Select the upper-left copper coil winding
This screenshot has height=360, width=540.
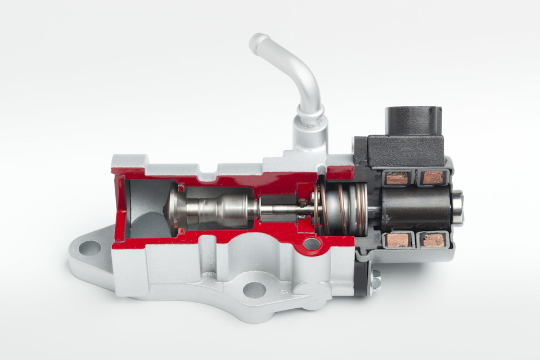click(x=397, y=178)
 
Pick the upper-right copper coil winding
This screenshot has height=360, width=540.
click(x=433, y=178)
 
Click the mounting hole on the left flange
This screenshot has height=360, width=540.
click(x=89, y=248)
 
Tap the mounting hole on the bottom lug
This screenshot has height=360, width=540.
click(x=254, y=290)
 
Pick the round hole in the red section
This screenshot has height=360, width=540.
click(x=311, y=244)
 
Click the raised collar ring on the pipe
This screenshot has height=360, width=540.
click(x=310, y=115)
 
